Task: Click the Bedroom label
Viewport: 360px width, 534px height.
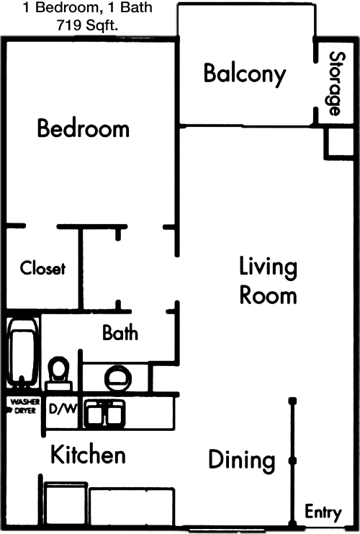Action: (84, 128)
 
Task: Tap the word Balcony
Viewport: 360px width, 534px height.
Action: (245, 74)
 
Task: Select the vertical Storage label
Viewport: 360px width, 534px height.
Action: (337, 84)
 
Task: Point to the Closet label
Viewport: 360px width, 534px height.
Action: (42, 268)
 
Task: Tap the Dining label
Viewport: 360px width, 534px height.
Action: (242, 460)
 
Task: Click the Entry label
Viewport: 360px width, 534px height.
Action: (323, 512)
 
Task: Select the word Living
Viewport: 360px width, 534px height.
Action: (268, 268)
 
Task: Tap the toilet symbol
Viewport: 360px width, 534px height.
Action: (58, 373)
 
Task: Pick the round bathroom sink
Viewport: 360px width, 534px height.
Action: (118, 378)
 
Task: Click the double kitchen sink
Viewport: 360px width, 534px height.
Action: (105, 413)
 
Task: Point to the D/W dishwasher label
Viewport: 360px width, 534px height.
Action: (62, 409)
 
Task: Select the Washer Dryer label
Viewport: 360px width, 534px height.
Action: (23, 406)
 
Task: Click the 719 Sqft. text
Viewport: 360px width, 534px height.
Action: (87, 25)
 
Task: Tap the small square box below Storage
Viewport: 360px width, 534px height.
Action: (339, 143)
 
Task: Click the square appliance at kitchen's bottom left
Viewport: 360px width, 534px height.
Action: (65, 504)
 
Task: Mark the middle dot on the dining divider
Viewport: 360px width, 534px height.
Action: (292, 460)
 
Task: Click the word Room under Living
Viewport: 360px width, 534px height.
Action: (268, 295)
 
